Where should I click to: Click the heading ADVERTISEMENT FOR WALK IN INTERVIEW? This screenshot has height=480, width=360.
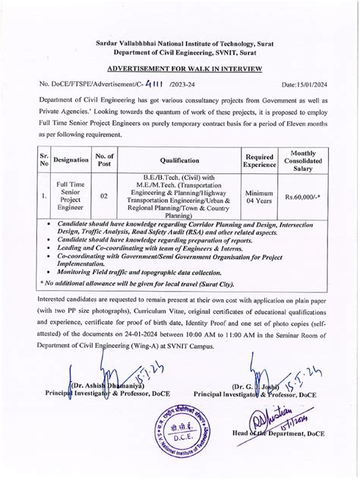coord(179,69)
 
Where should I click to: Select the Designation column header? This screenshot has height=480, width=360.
coord(71,160)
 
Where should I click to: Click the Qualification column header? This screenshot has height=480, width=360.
coord(179,160)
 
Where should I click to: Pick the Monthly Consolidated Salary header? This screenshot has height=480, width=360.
coord(302,160)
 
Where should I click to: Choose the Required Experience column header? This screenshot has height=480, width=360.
coord(260,160)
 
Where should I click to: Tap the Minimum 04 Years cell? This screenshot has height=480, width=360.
coord(260,197)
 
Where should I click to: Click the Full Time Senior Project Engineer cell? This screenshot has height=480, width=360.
coord(71,197)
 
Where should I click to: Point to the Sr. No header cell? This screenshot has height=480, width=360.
coord(44,160)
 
